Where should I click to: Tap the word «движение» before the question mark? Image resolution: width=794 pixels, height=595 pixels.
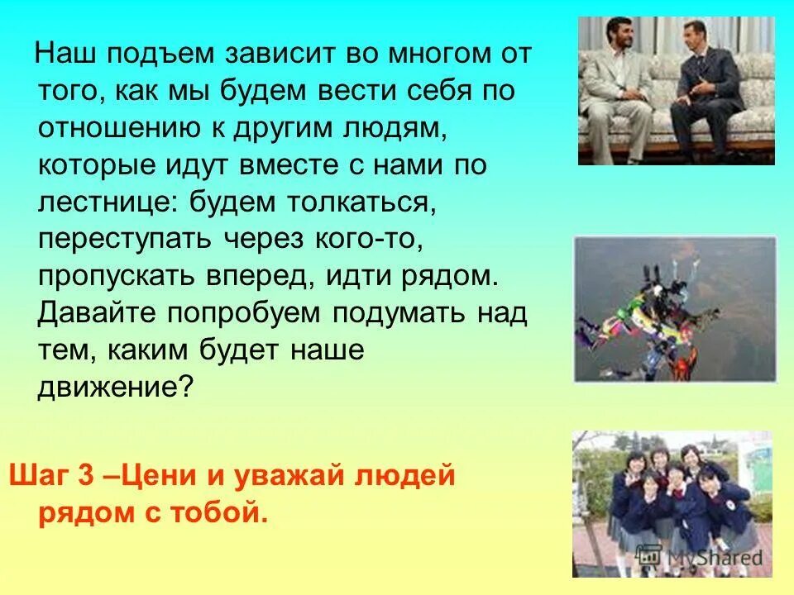(x=107, y=385)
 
